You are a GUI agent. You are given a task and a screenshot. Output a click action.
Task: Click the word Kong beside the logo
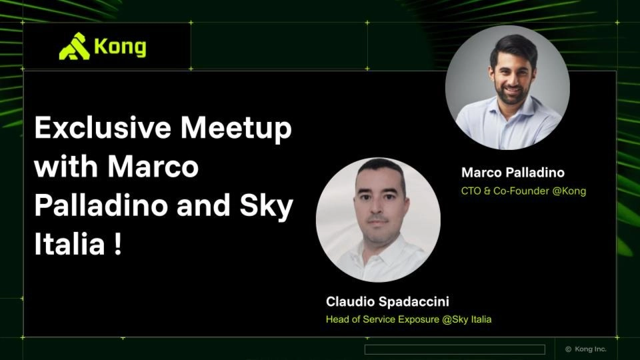[x=120, y=47]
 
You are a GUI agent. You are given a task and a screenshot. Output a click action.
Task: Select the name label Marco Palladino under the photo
[x=513, y=173]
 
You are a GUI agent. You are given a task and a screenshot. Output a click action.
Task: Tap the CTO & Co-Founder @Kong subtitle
[x=523, y=191]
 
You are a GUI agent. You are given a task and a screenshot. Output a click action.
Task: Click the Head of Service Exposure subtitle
[x=409, y=319]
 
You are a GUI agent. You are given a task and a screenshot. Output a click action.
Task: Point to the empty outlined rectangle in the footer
[x=455, y=349]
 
